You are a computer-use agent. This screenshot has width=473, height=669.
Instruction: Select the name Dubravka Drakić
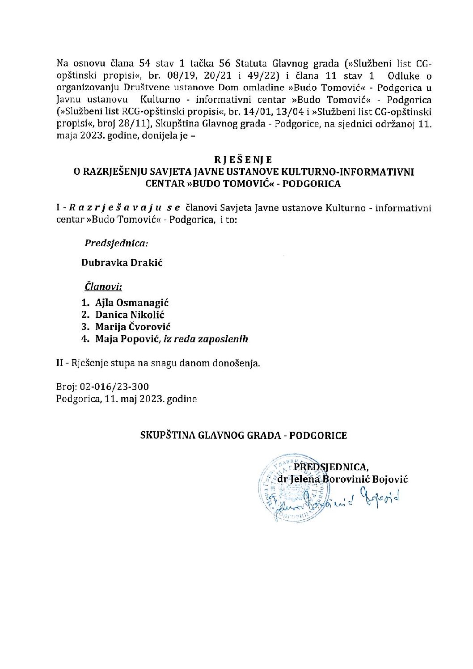click(x=122, y=263)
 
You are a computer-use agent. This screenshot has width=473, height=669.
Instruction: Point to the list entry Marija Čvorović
click(x=133, y=327)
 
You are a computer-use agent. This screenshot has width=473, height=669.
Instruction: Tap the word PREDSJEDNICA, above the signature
click(x=331, y=467)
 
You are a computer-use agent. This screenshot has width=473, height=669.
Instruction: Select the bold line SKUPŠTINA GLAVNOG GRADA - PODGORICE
click(x=244, y=435)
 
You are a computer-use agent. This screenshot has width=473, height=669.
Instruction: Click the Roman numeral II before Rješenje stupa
click(x=59, y=363)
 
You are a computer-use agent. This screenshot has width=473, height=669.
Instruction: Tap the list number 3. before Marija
click(x=86, y=327)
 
